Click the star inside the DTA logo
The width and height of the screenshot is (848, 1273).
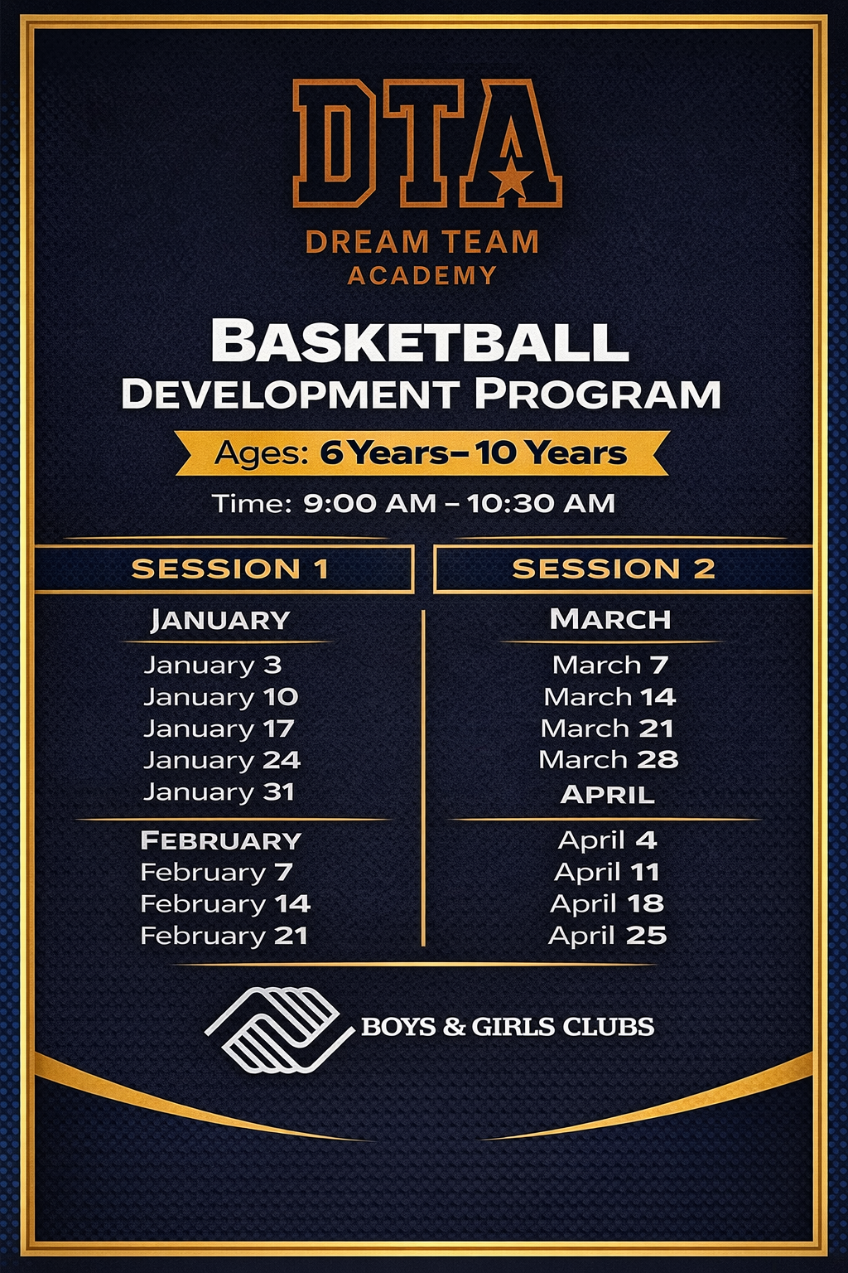pyautogui.click(x=513, y=177)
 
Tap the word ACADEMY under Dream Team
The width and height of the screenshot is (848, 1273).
pyautogui.click(x=422, y=275)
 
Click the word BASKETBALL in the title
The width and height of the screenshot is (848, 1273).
pyautogui.click(x=420, y=341)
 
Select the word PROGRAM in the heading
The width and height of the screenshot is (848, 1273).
pyautogui.click(x=597, y=394)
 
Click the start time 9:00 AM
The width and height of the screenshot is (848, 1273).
pyautogui.click(x=369, y=503)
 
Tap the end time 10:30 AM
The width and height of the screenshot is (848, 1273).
pyautogui.click(x=541, y=503)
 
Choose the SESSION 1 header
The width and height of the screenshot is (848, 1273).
pyautogui.click(x=230, y=569)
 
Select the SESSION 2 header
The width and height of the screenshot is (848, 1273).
pyautogui.click(x=613, y=569)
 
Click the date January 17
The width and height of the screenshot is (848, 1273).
pyautogui.click(x=219, y=728)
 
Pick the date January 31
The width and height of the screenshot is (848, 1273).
pyautogui.click(x=219, y=791)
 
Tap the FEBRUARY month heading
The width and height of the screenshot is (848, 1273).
pyautogui.click(x=221, y=840)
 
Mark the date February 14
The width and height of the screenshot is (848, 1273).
pyautogui.click(x=225, y=903)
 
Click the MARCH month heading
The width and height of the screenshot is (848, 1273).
pyautogui.click(x=610, y=619)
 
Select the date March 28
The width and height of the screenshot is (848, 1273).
pyautogui.click(x=609, y=759)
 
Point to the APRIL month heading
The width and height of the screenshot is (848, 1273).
pyautogui.click(x=608, y=795)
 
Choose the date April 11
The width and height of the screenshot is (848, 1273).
pyautogui.click(x=607, y=872)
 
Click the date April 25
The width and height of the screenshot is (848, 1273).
pyautogui.click(x=607, y=936)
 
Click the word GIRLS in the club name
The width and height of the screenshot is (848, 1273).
pyautogui.click(x=513, y=1027)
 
